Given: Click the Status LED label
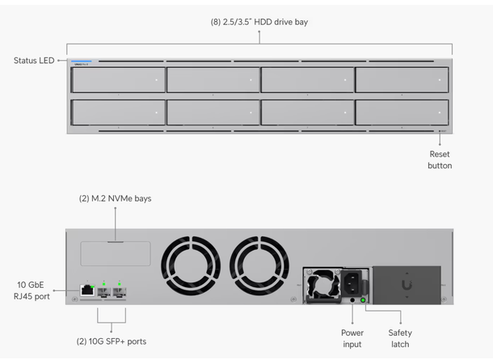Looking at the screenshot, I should [x=34, y=61].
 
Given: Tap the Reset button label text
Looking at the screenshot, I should [x=440, y=159].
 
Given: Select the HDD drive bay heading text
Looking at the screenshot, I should [x=259, y=22].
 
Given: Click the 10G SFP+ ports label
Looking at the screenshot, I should [x=112, y=341].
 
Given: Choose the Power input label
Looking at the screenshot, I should [x=352, y=338].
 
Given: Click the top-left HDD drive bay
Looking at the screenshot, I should [x=118, y=80].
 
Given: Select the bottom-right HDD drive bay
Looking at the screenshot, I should [x=401, y=112].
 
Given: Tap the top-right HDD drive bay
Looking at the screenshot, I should [x=401, y=80].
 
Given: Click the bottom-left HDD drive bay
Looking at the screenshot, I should [x=118, y=112].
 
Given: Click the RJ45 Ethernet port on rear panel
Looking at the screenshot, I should [x=85, y=290].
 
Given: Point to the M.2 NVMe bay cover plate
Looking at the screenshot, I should [x=115, y=252].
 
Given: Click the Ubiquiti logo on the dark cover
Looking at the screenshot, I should [x=405, y=286].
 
